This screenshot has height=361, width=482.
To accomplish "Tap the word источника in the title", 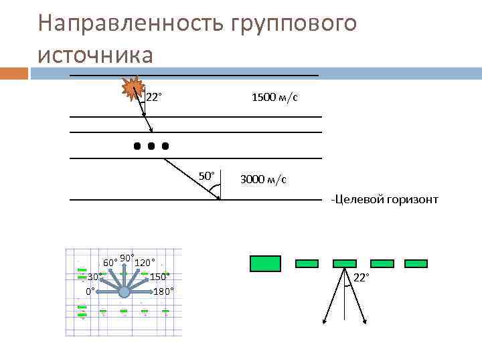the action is pos(96,53).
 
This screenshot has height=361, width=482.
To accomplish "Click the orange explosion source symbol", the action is pos(134,88).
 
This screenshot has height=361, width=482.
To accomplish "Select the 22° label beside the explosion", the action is pos(154,98).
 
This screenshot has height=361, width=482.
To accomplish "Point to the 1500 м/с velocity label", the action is pos(274,98).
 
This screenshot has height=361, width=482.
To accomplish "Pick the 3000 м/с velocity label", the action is pos(263,179).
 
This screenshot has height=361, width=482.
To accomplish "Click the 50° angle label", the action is pos(207,176).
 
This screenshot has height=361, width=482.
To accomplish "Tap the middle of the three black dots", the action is pos(151,145).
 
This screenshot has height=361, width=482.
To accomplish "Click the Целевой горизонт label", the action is pos(385,199).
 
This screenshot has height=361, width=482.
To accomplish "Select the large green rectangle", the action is pos(265,263).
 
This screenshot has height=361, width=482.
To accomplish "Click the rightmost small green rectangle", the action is pos(416,263).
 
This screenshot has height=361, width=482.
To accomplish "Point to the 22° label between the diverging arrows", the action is pos(361,277).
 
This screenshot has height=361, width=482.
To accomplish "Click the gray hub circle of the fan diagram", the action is pos(124,291).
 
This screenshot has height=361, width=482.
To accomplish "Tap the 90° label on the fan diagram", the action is pos(127,257).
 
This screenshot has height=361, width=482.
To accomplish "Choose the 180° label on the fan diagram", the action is pos(163,291).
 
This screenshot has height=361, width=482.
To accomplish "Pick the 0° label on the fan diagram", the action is pos(90,291).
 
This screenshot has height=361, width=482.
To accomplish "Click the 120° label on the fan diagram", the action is pos(145,262).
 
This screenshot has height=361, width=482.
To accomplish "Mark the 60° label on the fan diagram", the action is pos(110,261).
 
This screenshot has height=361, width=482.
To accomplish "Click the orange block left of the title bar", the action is pos(14,72).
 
